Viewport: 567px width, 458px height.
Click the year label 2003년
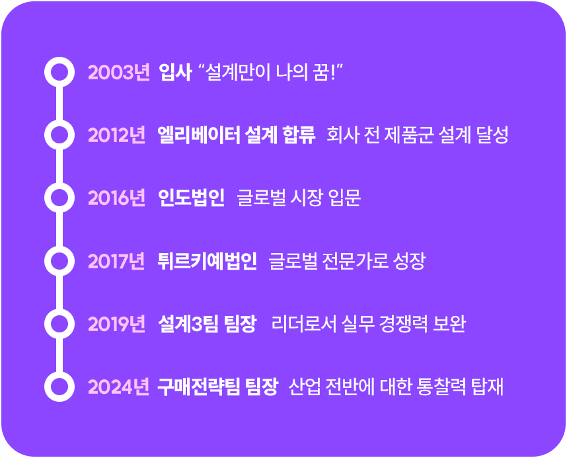(119, 72)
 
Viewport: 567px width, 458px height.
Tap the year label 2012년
(117, 135)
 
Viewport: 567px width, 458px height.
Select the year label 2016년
(117, 198)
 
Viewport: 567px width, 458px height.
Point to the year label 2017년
(116, 261)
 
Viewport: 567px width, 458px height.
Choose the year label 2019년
(117, 324)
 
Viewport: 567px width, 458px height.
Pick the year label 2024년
(118, 387)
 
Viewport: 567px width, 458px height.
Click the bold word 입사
(175, 72)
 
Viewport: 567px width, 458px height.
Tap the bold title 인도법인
(191, 198)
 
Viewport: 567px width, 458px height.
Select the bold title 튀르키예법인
(208, 261)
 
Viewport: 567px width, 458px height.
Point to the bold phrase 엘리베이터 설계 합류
(237, 135)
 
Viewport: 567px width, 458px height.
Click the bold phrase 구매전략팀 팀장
(217, 387)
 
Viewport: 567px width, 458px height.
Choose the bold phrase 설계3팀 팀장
(208, 324)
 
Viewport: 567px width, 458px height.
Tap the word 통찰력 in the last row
(441, 387)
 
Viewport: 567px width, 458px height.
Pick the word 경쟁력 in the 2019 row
(404, 324)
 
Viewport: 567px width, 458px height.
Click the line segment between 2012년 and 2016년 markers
(59, 166)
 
